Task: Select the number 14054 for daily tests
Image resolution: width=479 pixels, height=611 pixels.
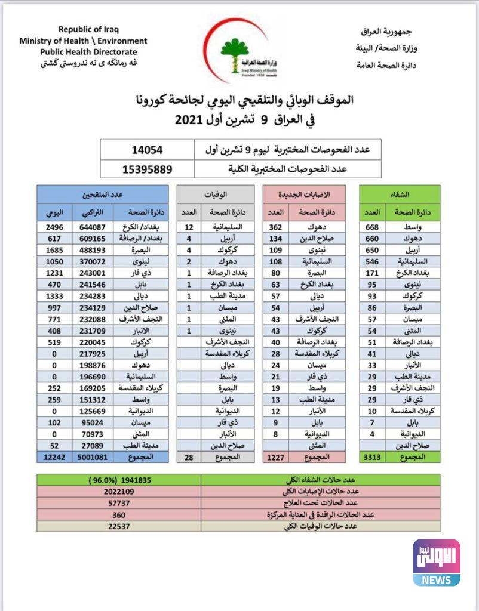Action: (147, 149)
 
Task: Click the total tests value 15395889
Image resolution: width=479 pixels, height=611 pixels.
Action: (147, 169)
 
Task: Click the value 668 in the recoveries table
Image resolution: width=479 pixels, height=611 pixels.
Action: (373, 227)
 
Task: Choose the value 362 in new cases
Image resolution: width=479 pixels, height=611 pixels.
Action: (276, 227)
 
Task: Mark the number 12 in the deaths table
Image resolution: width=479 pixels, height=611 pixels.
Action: (189, 227)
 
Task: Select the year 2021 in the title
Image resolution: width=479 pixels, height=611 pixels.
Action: (190, 119)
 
